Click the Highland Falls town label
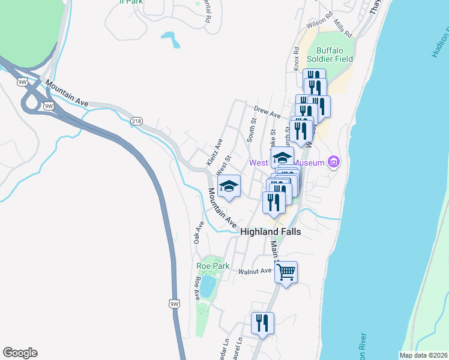pyautogui.click(x=270, y=232)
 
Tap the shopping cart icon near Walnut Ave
pyautogui.click(x=286, y=272)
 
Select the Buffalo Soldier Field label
pyautogui.click(x=327, y=55)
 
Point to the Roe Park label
pyautogui.click(x=209, y=265)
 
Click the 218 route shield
pyautogui.click(x=136, y=121)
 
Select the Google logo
pyautogui.click(x=20, y=353)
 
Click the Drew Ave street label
pyautogui.click(x=267, y=112)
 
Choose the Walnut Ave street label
pyautogui.click(x=255, y=271)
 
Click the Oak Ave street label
pyautogui.click(x=199, y=232)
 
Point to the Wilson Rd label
pyautogui.click(x=319, y=24)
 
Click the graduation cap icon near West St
pyautogui.click(x=229, y=186)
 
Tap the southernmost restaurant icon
pyautogui.click(x=262, y=323)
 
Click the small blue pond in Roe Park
pyautogui.click(x=207, y=286)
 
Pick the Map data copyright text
pyautogui.click(x=423, y=355)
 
